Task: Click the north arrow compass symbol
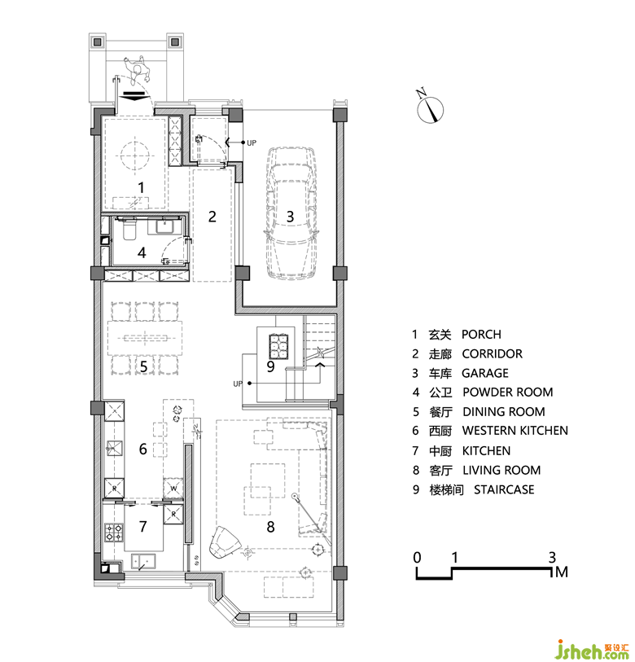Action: (x=430, y=108)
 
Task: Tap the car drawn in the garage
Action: (x=290, y=213)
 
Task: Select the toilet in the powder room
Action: (x=129, y=230)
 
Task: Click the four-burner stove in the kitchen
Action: (x=114, y=533)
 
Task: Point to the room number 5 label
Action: (x=143, y=367)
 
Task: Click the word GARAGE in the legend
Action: (x=485, y=373)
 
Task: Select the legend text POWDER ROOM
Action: (x=507, y=392)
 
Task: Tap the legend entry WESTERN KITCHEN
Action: (x=515, y=431)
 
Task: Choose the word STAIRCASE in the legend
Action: (x=504, y=489)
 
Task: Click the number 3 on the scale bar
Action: (x=552, y=558)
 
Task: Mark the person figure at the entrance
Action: (x=137, y=70)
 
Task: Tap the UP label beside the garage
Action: (x=252, y=143)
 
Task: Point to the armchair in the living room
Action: (x=224, y=543)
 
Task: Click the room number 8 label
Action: (x=270, y=527)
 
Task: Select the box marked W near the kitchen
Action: (x=173, y=488)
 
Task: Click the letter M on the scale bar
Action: (x=562, y=572)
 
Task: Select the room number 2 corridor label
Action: (x=212, y=217)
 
